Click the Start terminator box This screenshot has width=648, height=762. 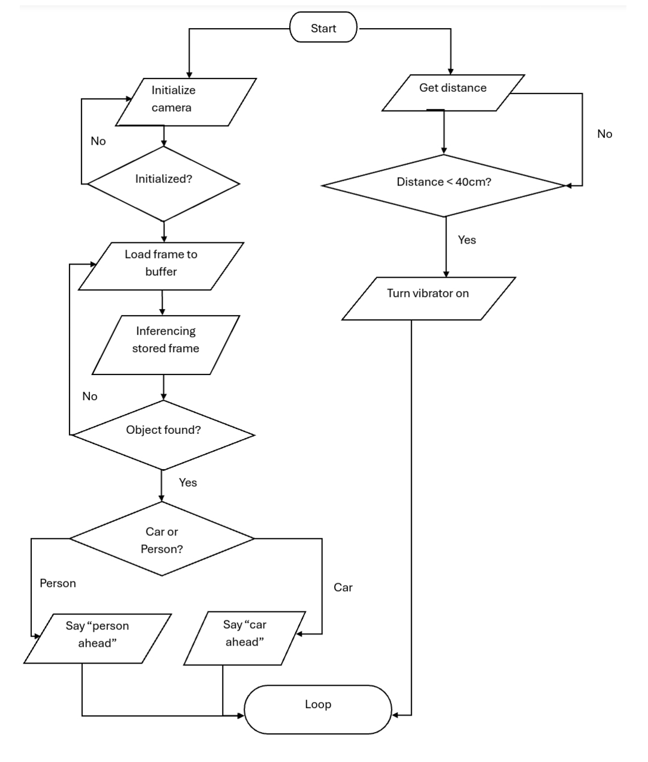point(323,28)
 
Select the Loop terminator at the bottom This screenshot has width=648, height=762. point(318,709)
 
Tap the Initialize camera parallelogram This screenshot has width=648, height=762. point(185,101)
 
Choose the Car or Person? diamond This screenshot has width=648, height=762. point(162,539)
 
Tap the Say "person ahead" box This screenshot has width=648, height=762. point(97,638)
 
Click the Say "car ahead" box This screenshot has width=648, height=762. point(244,638)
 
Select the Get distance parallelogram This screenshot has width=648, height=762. point(453,92)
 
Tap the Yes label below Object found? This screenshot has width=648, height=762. point(188,482)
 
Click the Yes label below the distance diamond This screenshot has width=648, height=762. point(467,239)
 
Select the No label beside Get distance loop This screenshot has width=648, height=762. point(604,134)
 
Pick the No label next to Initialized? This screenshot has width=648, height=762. point(98,141)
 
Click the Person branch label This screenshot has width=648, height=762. point(58,583)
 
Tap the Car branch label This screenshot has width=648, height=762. point(343,587)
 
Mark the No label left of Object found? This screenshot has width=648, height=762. point(89,396)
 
